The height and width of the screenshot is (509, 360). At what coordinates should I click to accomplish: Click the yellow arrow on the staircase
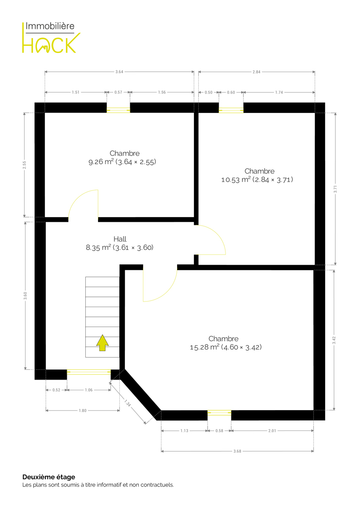102,343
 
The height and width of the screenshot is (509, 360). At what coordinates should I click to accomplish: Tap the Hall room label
120,239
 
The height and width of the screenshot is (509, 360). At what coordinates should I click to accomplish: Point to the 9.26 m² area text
101,162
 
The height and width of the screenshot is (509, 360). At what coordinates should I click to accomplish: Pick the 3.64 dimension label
119,72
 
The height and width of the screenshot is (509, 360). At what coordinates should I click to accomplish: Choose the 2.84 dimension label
256,72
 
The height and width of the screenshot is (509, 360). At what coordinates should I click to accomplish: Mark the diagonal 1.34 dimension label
128,403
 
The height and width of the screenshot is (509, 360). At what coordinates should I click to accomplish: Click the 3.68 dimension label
237,451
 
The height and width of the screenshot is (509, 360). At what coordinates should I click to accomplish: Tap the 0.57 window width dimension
118,92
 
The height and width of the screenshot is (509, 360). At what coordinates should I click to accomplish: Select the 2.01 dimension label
272,431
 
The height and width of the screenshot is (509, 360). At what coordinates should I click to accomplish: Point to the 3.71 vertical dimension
335,189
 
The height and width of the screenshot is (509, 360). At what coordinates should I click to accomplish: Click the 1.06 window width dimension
89,390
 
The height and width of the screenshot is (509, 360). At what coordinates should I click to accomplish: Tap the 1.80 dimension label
82,411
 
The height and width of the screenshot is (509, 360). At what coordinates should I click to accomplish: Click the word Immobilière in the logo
50,26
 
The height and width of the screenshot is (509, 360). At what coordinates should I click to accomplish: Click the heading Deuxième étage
49,477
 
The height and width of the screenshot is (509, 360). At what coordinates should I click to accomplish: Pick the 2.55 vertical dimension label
24,165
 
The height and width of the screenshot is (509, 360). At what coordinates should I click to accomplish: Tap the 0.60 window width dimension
231,92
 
